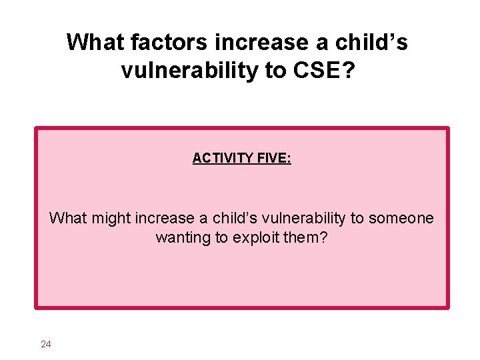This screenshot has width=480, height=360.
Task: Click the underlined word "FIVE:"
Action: coord(273,158)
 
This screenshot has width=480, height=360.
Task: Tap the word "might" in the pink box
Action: coord(108,218)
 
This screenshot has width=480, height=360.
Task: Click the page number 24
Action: coord(46,344)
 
